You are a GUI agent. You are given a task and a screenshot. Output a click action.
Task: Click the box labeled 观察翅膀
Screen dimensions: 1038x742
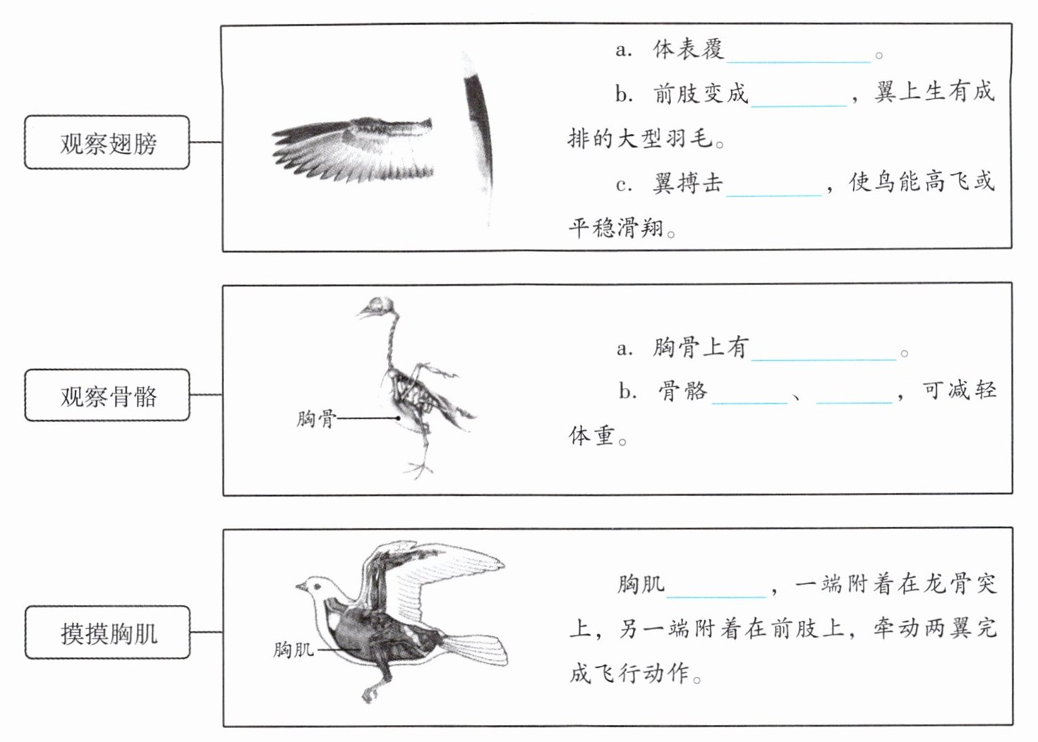point(107,142)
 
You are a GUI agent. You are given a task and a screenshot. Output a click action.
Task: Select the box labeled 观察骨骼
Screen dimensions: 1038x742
point(107,396)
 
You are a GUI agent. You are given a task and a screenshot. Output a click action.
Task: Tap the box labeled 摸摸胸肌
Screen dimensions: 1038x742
point(107,633)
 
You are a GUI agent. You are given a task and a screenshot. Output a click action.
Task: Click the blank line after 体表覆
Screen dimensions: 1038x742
point(798,56)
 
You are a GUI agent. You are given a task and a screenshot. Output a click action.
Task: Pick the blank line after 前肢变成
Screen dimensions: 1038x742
point(798,100)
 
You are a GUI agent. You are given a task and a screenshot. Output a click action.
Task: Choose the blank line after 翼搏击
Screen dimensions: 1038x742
point(774,189)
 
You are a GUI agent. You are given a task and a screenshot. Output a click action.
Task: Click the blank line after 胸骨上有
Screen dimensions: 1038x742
point(823,354)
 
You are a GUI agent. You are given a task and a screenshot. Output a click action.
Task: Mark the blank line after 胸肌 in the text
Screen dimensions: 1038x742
point(716,591)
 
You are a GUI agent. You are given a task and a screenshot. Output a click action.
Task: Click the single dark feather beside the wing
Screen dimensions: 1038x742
point(479,134)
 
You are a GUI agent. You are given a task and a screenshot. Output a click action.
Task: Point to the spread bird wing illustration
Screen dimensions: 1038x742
point(353,150)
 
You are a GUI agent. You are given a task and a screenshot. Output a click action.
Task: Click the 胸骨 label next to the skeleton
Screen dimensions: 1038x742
point(315,419)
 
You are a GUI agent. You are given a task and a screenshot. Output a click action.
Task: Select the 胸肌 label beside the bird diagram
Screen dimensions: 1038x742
point(293,649)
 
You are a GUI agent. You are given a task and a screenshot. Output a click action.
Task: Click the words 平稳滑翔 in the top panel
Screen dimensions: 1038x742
point(615,227)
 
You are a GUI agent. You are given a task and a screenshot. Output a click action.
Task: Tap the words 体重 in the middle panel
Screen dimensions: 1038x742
point(591,435)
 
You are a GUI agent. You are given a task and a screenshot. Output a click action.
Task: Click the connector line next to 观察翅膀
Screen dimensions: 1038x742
point(205,142)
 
